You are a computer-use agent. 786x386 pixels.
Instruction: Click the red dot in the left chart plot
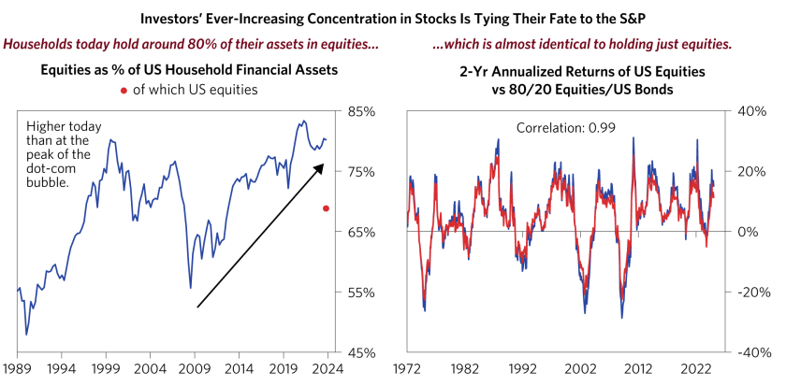[x=326, y=208]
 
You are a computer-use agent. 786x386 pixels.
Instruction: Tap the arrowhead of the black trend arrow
[x=321, y=166]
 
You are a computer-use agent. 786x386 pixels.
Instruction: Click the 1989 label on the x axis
[x=17, y=369]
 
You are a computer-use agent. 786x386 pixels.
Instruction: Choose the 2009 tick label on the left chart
[x=196, y=369]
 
